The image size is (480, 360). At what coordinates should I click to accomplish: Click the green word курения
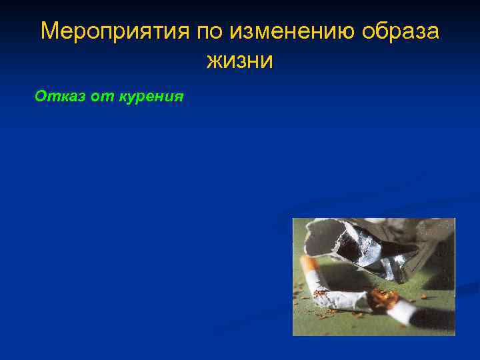[x=150, y=97]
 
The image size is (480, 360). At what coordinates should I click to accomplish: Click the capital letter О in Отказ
[x=41, y=97]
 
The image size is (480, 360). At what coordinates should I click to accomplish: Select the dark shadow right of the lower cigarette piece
[x=433, y=313]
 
